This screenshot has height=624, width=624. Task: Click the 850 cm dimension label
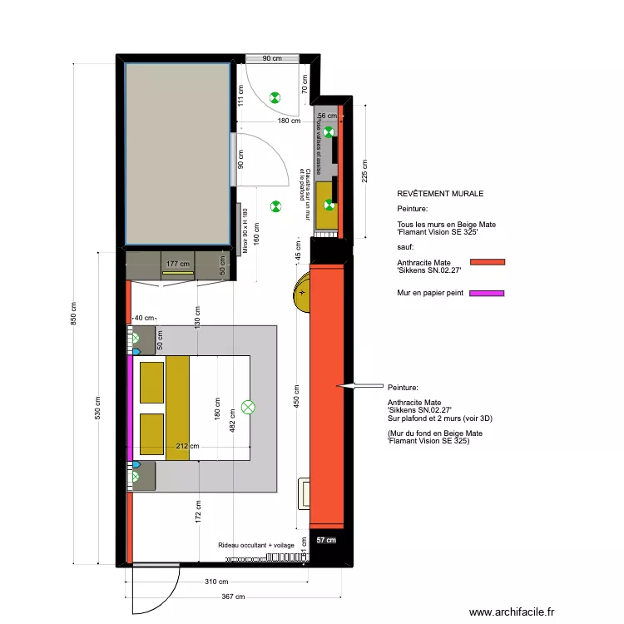point(74,314)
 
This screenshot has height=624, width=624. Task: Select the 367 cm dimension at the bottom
point(233,597)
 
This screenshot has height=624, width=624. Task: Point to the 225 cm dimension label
point(364,171)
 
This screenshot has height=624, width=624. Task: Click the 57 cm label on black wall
point(326,540)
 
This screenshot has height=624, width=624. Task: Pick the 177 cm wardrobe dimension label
point(176,265)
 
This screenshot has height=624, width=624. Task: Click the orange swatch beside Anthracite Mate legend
point(488,262)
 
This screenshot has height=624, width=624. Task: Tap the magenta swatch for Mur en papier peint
point(488,293)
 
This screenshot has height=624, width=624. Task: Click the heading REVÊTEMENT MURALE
point(440,194)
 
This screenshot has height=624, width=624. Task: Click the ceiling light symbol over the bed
point(247,407)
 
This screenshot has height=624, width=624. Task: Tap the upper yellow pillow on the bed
point(151,381)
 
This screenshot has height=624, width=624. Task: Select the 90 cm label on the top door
point(271,59)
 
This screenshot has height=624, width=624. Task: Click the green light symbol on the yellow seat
point(329,205)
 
